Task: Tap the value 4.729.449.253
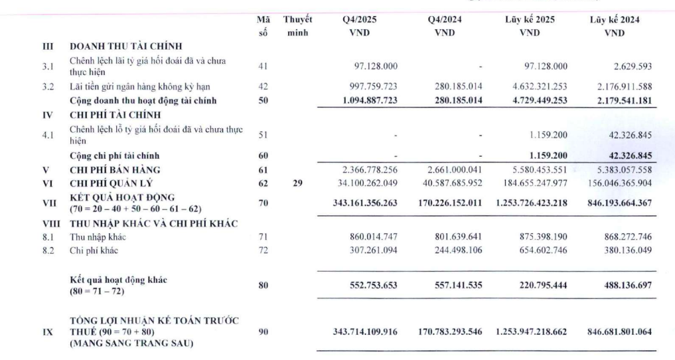pyautogui.click(x=529, y=100)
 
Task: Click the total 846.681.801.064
pyautogui.click(x=615, y=330)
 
